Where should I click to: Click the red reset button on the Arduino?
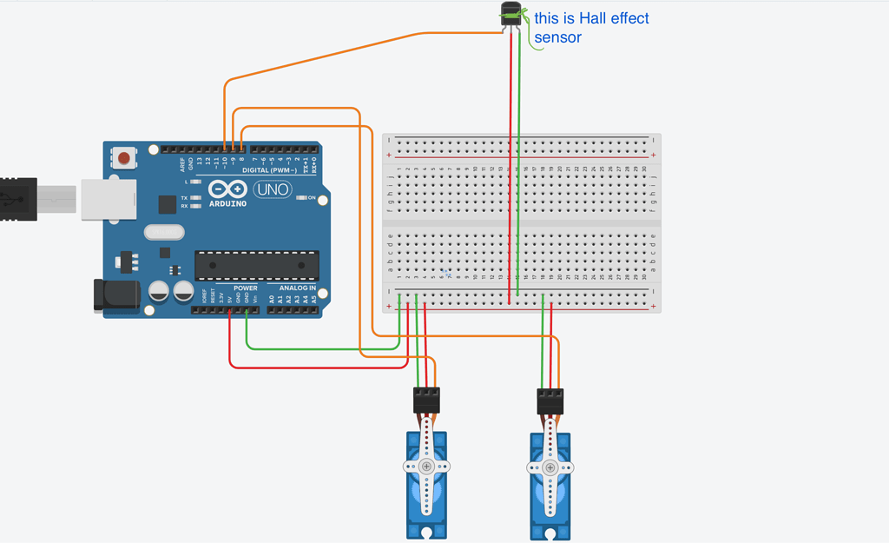click(125, 158)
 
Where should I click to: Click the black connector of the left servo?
click(426, 399)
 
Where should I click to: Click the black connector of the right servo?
click(550, 399)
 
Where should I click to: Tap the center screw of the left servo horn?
click(426, 466)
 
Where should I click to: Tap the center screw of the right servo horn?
click(550, 467)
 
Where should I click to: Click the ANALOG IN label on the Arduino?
click(297, 288)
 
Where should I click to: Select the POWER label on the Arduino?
click(246, 288)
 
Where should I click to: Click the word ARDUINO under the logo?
click(228, 203)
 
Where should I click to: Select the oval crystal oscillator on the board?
click(164, 232)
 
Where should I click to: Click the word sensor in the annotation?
click(557, 37)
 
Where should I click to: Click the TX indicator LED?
click(196, 198)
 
